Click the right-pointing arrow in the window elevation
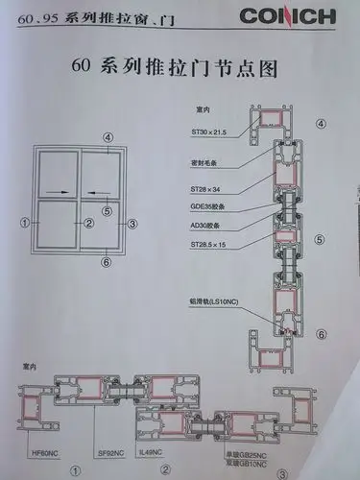57,191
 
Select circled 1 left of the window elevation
21,224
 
